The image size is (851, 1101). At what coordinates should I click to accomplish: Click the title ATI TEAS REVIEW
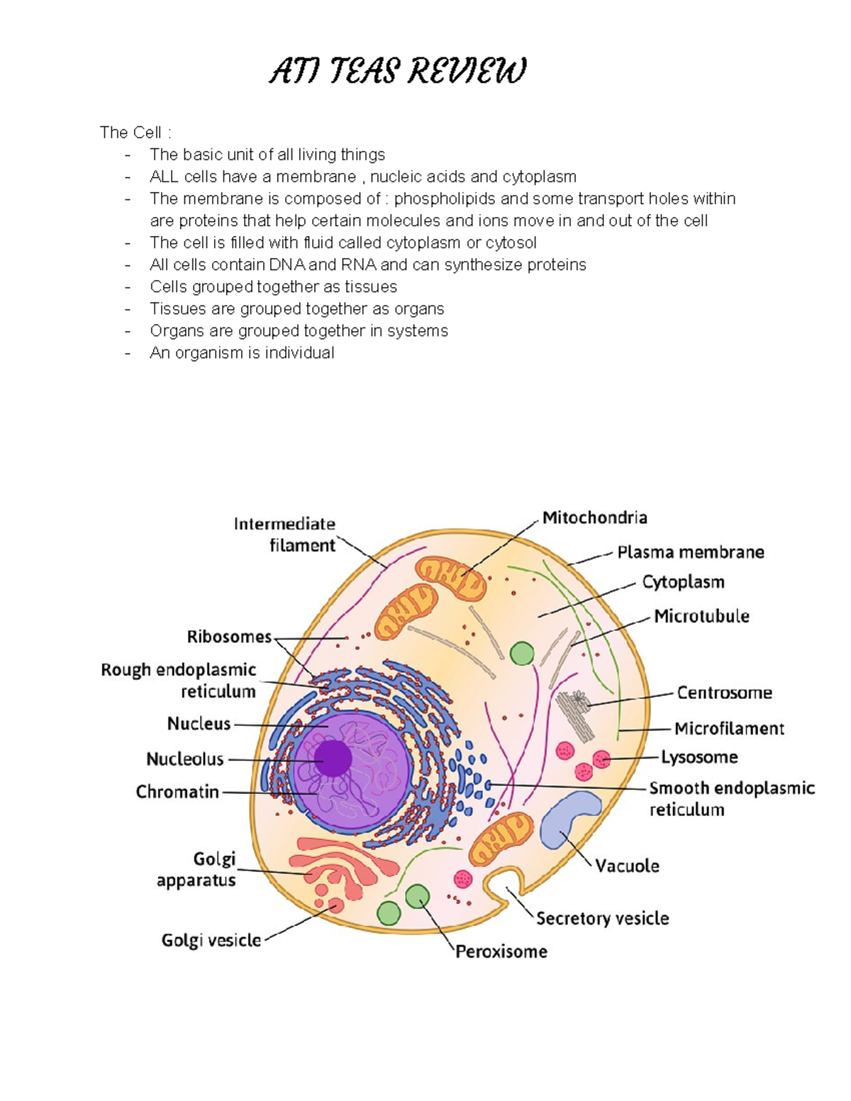397,72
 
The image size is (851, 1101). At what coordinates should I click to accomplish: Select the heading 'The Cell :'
135,133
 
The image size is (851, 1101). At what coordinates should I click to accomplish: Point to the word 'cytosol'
511,242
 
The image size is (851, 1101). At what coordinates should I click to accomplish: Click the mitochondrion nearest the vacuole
501,838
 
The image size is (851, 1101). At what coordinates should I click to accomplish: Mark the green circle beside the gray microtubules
522,653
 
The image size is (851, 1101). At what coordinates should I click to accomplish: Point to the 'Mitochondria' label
594,518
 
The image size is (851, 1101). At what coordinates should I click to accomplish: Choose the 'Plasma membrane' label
690,552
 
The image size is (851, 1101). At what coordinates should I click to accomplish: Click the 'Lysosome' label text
699,757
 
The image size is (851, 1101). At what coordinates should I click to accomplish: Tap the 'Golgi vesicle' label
211,940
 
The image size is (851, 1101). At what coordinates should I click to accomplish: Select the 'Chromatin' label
177,791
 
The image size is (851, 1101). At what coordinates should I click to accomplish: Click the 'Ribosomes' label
229,637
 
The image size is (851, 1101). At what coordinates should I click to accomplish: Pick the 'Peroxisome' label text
501,951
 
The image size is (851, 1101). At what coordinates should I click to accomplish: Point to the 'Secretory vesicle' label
602,918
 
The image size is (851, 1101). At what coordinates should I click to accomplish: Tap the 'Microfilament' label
729,728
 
